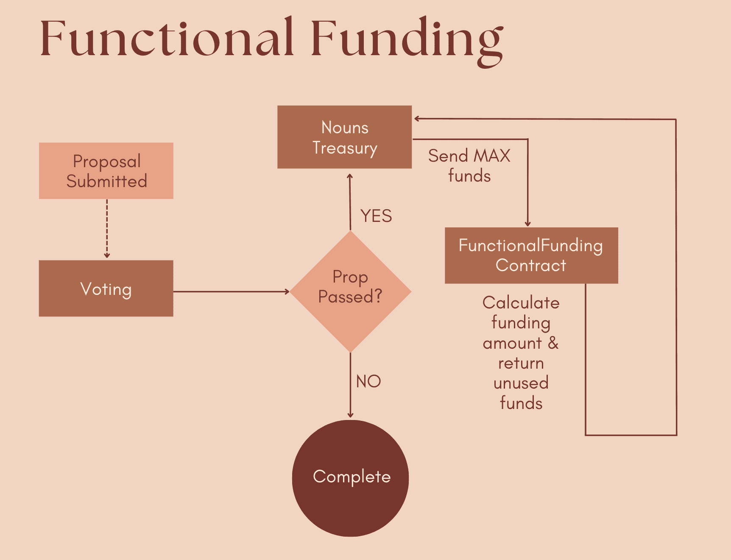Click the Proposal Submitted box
(x=106, y=171)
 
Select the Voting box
(x=106, y=288)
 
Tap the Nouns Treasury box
(x=344, y=137)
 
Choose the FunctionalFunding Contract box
(x=531, y=255)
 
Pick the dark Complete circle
(x=351, y=478)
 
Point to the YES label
(x=376, y=216)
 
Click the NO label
(x=368, y=381)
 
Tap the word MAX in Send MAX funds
(x=492, y=156)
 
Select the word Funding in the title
(x=407, y=40)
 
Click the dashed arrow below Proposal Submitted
(x=107, y=229)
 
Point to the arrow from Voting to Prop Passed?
(x=231, y=291)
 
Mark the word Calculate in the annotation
(x=521, y=302)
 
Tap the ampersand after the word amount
(x=553, y=343)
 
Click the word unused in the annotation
(x=521, y=383)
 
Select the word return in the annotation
(x=521, y=363)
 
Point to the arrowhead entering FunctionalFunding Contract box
(x=528, y=224)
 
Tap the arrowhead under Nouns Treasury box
(x=350, y=176)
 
